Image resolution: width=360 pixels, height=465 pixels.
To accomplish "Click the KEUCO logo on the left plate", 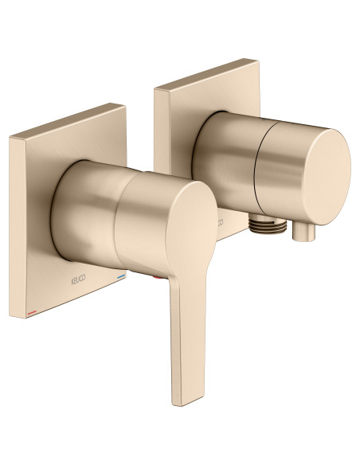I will pos(72,281).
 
